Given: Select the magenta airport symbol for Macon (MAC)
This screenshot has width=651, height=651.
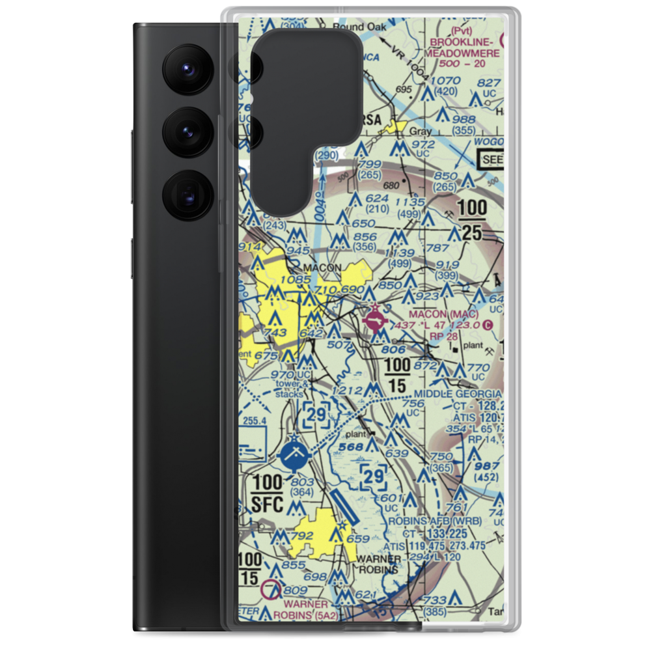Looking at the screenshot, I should click(x=376, y=320).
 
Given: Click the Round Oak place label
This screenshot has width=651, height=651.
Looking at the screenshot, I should click(x=359, y=27).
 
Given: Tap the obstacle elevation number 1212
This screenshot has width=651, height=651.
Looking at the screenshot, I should click(x=346, y=391).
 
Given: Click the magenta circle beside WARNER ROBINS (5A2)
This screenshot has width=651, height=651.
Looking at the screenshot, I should click(x=271, y=591).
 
